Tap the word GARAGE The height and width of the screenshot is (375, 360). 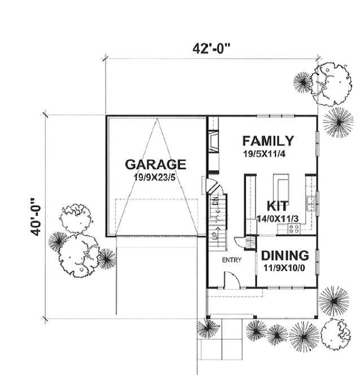tap(155, 164)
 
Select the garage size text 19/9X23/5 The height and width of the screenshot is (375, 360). tap(155, 177)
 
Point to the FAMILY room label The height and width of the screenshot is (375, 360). tap(267, 141)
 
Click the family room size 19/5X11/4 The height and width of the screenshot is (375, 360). tap(265, 153)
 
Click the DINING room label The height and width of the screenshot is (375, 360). tap(285, 255)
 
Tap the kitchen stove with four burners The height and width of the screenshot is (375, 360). tap(294, 228)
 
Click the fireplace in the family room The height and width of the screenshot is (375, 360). tap(211, 141)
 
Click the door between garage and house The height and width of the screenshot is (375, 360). tap(207, 185)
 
